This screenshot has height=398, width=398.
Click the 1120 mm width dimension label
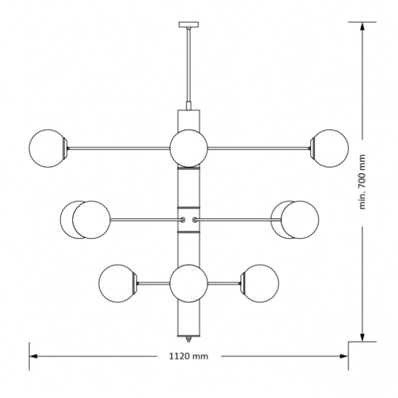tap(189, 356)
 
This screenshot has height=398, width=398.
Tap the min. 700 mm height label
tap(362, 182)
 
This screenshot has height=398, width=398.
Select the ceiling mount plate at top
tap(189, 25)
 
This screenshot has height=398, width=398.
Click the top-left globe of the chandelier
tap(47, 148)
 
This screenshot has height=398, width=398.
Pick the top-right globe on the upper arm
tap(330, 148)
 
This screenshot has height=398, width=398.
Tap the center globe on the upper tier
tap(189, 148)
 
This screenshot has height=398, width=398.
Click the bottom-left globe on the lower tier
tap(117, 283)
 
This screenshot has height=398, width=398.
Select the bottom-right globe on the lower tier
tap(260, 283)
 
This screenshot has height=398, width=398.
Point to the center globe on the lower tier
tap(189, 283)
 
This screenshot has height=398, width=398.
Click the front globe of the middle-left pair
tap(91, 220)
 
